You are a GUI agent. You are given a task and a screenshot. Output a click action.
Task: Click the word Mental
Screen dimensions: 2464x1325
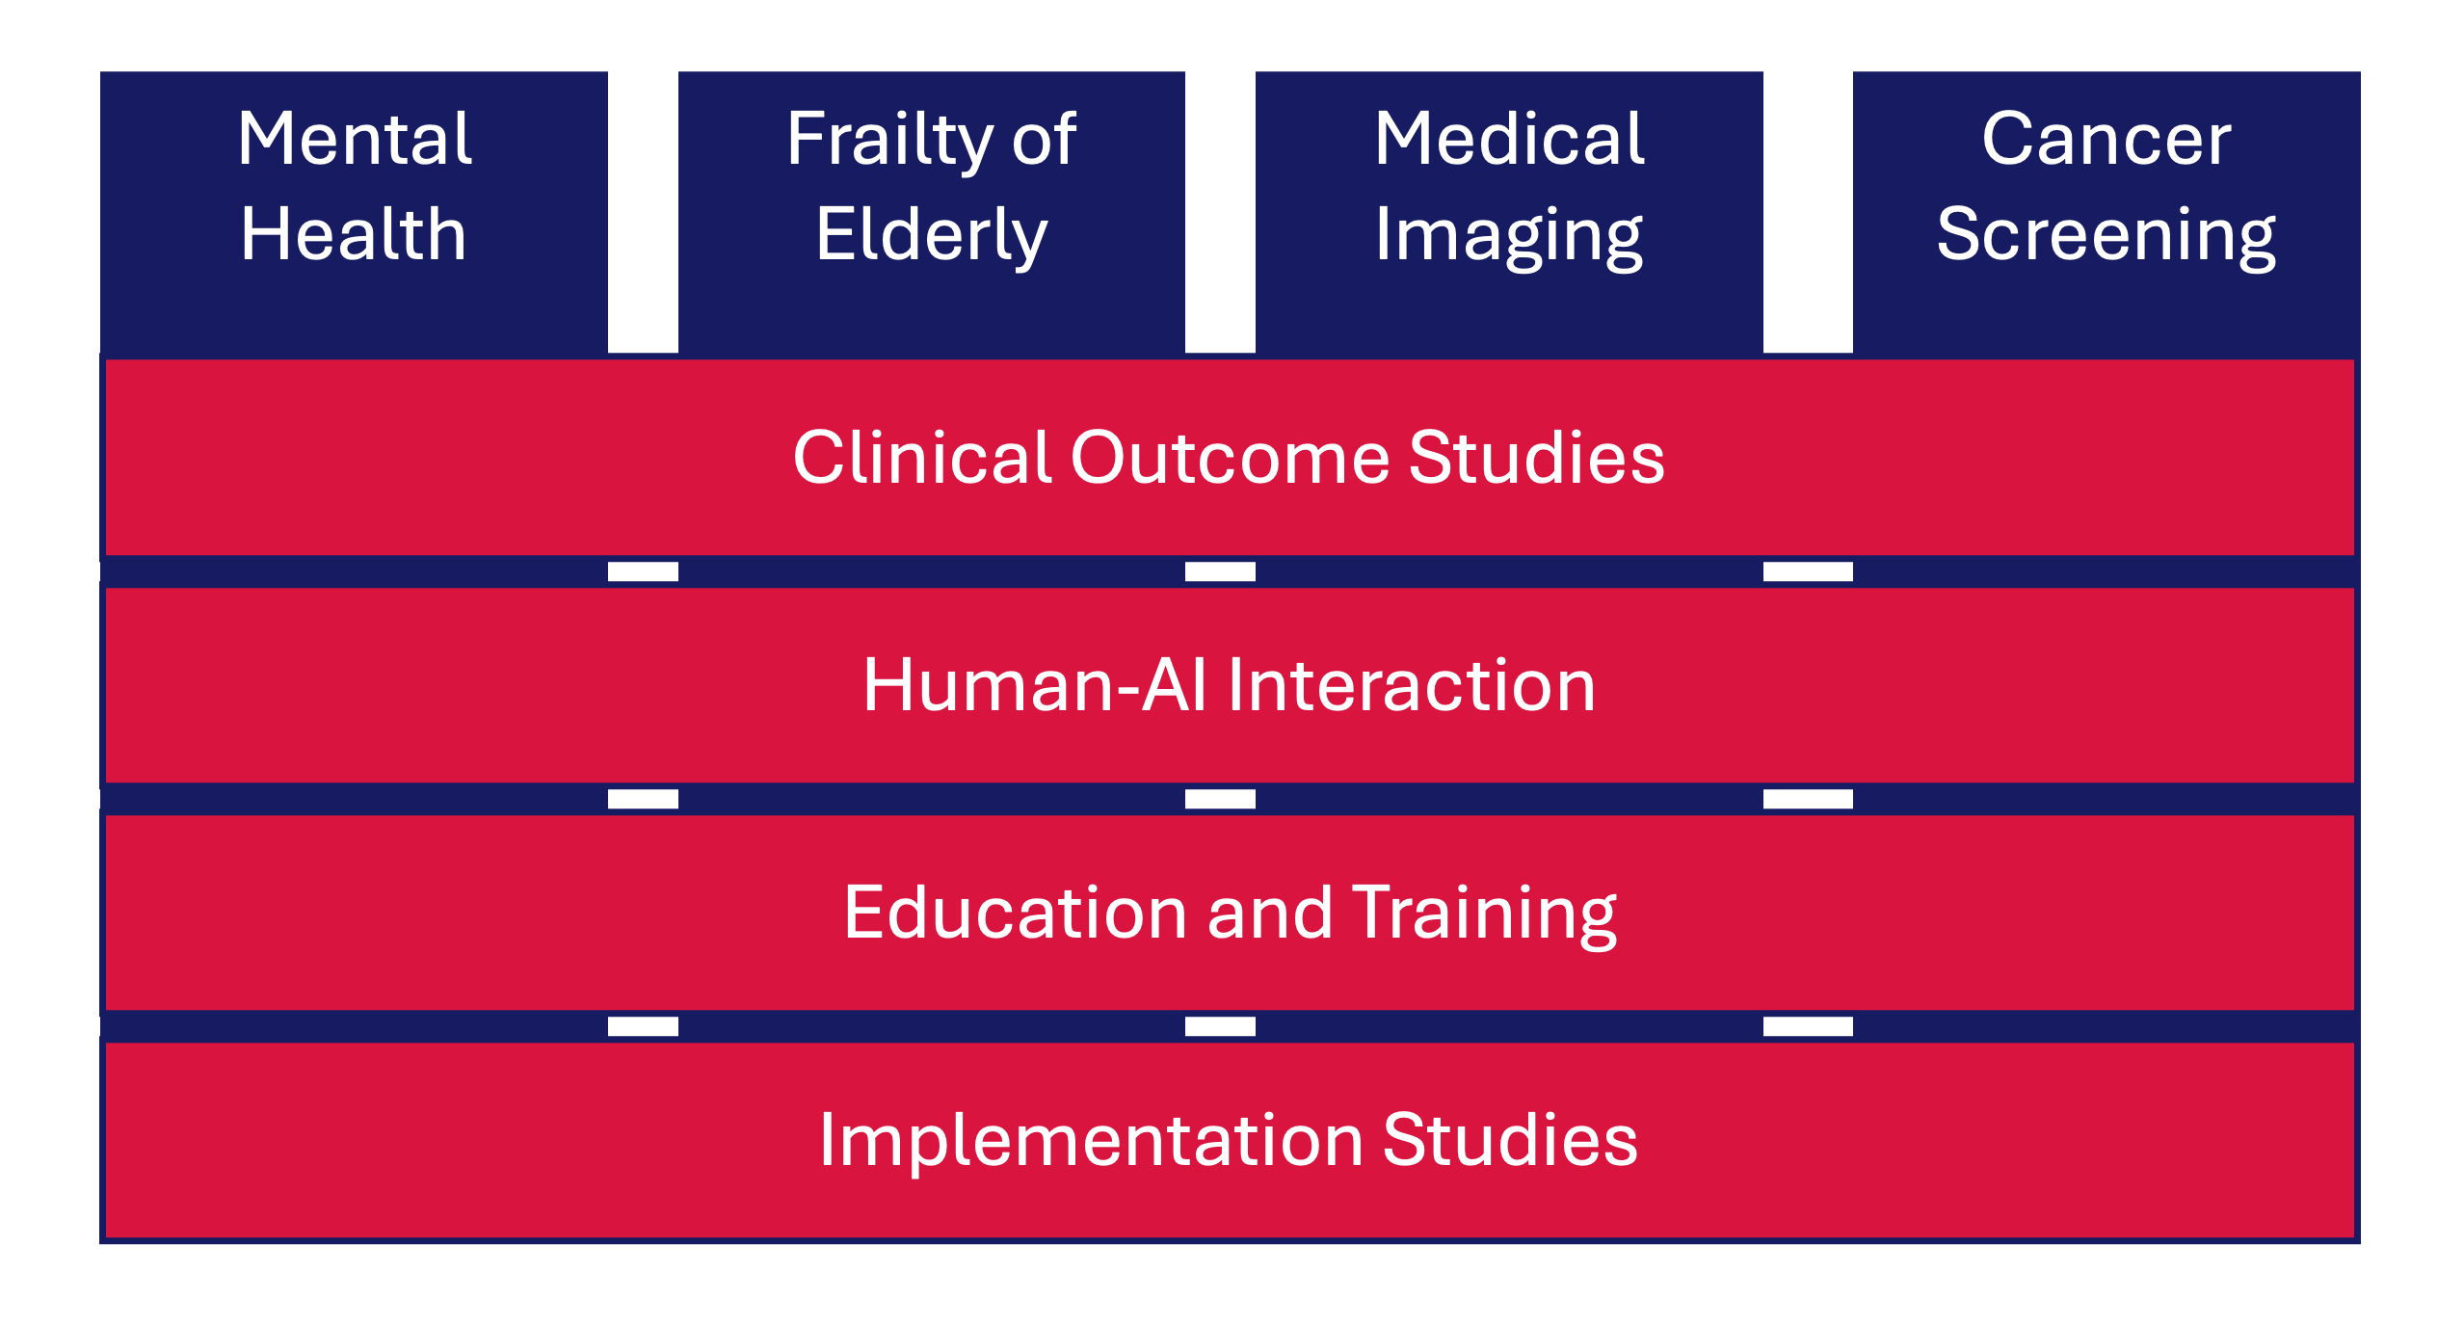coord(355,139)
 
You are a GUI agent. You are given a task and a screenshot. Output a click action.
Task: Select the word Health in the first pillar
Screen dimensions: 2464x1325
coord(354,234)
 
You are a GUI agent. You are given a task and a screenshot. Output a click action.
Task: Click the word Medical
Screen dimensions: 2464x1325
coord(1509,139)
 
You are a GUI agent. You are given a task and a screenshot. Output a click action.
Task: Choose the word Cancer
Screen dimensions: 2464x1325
coord(2106,139)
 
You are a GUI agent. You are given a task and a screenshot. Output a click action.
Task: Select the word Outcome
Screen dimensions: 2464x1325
coord(1230,457)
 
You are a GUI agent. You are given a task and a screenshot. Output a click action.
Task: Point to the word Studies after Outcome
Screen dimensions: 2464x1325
coord(1536,457)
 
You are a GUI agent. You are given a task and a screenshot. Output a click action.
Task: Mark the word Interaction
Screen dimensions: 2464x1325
coord(1411,685)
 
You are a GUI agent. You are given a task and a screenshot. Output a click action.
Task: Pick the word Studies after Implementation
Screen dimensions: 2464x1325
coord(1510,1139)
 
